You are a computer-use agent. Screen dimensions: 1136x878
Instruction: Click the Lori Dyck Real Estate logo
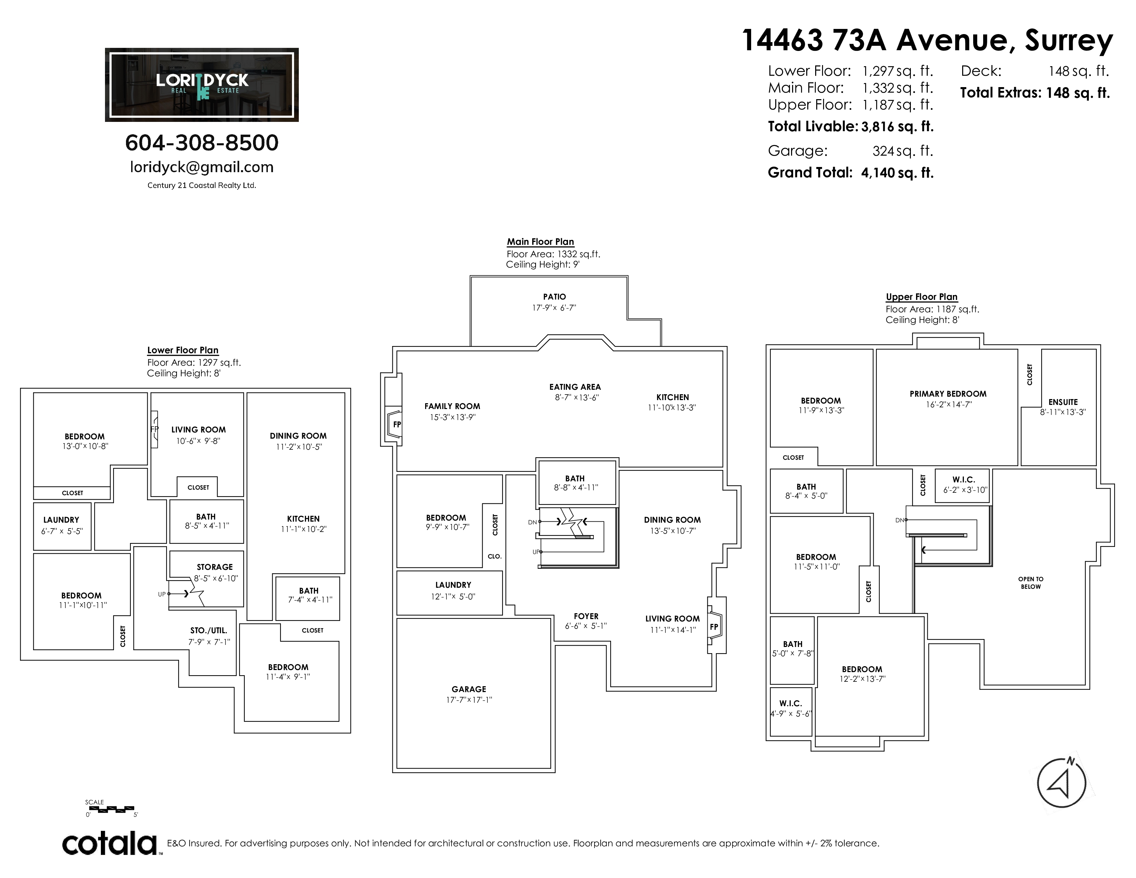202,85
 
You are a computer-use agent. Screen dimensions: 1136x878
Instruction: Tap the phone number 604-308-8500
202,143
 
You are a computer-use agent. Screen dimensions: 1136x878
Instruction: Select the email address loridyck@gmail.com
202,167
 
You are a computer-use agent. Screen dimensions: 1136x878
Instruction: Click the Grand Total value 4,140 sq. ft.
897,173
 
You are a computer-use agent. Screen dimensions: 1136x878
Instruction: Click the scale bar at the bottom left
110,809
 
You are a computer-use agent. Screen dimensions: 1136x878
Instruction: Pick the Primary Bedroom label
948,394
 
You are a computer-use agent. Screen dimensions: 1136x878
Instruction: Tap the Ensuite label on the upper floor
1063,402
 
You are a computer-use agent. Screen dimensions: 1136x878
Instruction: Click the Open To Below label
1030,583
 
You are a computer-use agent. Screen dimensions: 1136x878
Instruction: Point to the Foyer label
586,616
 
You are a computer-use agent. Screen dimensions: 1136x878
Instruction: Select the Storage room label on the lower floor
215,567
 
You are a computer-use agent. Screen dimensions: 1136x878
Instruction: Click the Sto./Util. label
209,630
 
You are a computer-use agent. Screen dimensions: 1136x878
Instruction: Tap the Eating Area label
575,387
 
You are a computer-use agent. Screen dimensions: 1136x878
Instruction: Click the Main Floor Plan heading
540,242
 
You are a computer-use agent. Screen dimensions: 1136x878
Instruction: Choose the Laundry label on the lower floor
61,520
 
